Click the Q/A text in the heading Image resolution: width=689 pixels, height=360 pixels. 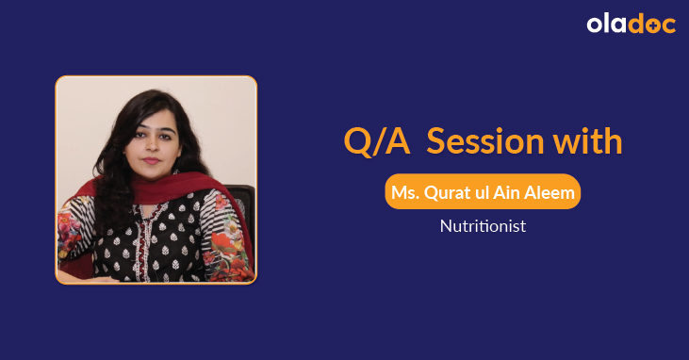pos(376,142)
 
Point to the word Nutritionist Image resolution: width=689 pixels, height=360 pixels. pos(482,226)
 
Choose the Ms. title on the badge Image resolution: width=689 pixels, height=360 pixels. pos(407,192)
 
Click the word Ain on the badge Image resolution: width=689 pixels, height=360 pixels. pos(510,192)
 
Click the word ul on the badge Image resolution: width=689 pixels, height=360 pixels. pos(486,192)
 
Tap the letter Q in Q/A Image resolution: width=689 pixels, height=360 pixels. pos(357,142)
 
